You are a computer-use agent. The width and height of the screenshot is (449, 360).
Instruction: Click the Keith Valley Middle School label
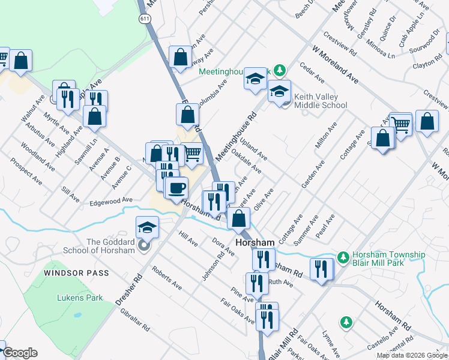pos(320,101)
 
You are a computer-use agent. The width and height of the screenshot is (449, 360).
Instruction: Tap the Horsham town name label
pos(255,243)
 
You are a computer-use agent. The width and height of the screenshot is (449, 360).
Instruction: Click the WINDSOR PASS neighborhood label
pos(77,273)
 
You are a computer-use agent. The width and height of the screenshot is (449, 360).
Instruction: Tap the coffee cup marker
pos(176,188)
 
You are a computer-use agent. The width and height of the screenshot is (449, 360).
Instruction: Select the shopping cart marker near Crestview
pos(401,124)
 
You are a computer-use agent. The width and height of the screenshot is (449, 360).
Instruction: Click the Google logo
pos(20,353)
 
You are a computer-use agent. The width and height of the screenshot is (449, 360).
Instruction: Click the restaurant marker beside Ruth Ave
pos(256,283)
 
